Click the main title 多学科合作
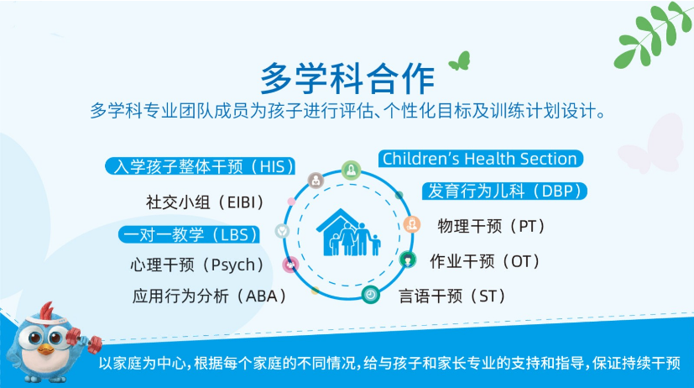point(347,78)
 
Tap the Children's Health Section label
point(480,159)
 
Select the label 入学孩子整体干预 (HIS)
point(200,166)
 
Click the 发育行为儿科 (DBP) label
point(504,191)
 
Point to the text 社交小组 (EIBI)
point(205,202)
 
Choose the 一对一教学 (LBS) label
point(189,235)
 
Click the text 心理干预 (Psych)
point(197,265)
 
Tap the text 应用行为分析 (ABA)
point(210,296)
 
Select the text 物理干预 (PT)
point(491,227)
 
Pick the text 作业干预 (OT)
point(485,261)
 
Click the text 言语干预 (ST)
point(451,296)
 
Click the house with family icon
point(348,233)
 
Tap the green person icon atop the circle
point(351,170)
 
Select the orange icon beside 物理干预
point(412,224)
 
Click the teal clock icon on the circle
point(370,295)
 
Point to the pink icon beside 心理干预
point(290,265)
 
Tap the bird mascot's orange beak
point(45,349)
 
